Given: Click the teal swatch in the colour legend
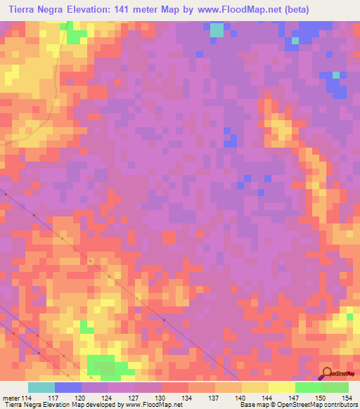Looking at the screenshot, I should [41, 387].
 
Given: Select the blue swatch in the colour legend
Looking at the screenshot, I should [67, 387].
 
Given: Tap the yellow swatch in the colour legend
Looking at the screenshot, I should [281, 387].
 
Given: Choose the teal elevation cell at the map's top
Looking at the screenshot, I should [217, 30].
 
